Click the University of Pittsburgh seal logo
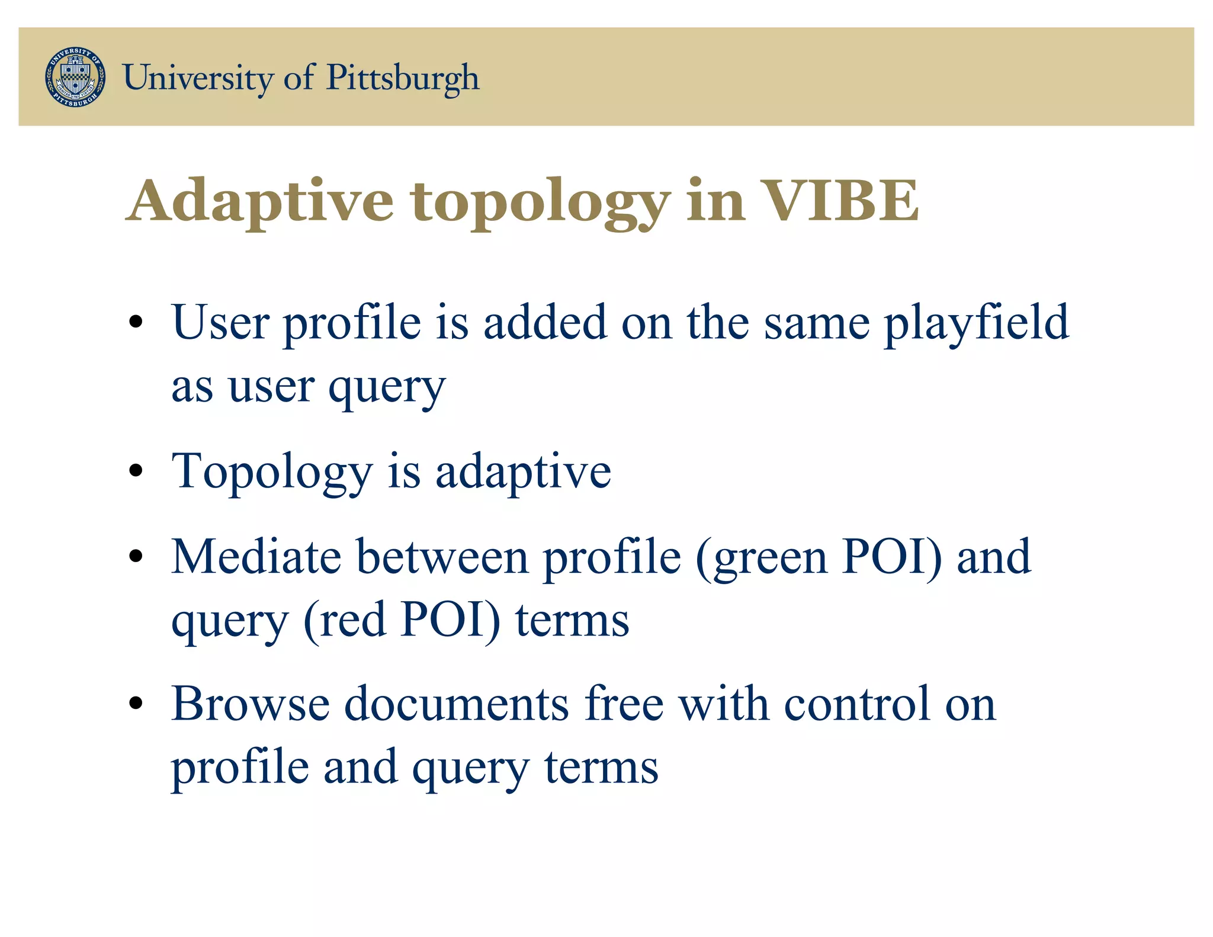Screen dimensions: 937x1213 point(76,77)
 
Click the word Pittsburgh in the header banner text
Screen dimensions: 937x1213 point(403,78)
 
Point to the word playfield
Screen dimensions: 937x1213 point(976,324)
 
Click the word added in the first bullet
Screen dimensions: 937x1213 point(545,323)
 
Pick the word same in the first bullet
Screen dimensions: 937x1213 point(817,323)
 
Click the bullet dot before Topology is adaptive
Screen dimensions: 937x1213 point(136,471)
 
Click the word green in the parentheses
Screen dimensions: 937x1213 point(770,558)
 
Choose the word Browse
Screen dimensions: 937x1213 point(251,704)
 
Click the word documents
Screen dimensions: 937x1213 point(457,704)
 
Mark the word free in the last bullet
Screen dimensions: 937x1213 point(624,704)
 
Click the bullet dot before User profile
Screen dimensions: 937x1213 point(136,323)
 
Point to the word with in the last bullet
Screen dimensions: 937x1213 point(724,704)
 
